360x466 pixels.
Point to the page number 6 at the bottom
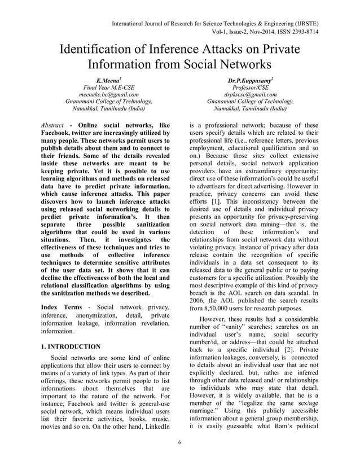pyautogui.click(x=179, y=456)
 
